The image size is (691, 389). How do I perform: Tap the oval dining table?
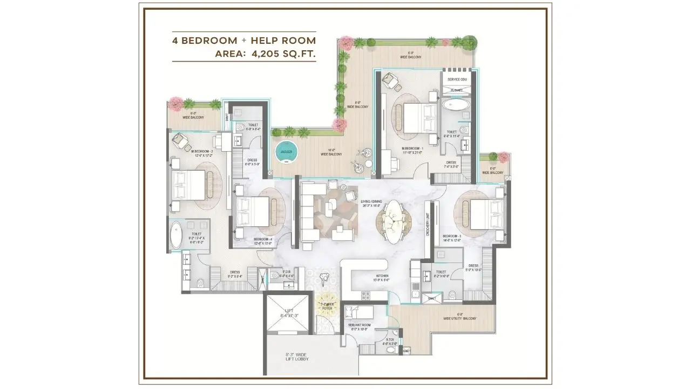click(397, 220)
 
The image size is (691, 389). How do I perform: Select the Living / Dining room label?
click(371, 203)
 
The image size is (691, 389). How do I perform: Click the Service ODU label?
click(456, 80)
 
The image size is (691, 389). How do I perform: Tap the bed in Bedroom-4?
click(253, 211)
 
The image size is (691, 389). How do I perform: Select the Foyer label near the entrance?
click(326, 308)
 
